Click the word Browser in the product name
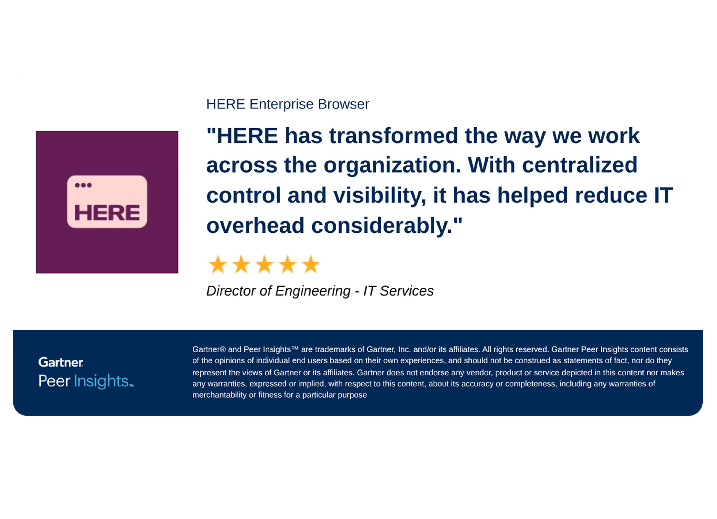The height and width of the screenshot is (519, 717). pos(343,104)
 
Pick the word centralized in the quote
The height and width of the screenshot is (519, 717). pos(579,165)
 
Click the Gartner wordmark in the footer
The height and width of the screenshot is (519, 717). pos(61,362)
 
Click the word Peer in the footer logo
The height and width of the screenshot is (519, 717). pos(54,381)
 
